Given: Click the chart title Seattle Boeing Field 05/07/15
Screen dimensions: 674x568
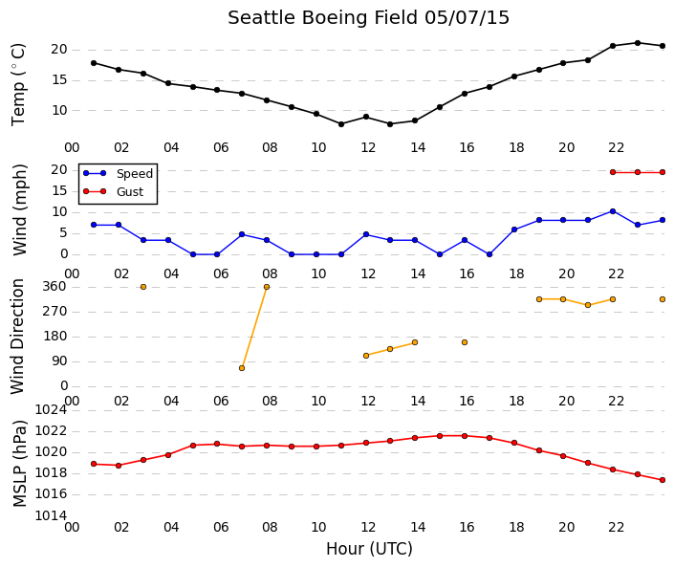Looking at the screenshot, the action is [x=368, y=18].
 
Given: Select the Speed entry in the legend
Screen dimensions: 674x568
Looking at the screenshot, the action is [x=118, y=173].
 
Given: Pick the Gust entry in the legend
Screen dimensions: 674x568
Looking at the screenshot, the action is [x=113, y=191].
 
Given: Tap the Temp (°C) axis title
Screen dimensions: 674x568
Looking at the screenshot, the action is [x=18, y=84].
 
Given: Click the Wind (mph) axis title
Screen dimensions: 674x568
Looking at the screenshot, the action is [x=19, y=209].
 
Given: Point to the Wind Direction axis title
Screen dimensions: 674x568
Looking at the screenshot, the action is [x=17, y=337].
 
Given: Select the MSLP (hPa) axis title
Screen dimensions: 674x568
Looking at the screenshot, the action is [x=20, y=463].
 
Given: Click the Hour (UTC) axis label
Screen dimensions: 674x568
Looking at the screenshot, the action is [x=369, y=549].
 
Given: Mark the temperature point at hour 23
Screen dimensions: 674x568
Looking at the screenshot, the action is [x=638, y=43].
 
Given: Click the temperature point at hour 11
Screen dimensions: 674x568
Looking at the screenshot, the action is [x=341, y=124].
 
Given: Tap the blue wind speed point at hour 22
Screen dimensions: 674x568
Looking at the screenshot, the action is [x=613, y=211].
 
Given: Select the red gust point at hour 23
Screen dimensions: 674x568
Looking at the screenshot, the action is [x=638, y=172].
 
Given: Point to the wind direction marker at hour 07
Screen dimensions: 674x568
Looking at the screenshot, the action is [x=242, y=368].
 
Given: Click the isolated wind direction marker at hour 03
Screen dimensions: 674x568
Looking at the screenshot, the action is [x=143, y=287].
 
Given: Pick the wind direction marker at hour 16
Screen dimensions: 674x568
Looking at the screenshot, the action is [x=465, y=342].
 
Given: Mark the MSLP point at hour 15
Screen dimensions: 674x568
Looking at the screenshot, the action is [x=440, y=436].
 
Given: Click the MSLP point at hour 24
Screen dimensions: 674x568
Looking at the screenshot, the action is [x=663, y=480].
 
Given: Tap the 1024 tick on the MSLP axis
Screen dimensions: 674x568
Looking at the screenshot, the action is [x=51, y=410].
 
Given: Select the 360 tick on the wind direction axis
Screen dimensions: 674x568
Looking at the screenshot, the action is [x=54, y=287].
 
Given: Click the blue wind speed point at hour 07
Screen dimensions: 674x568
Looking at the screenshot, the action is [x=242, y=234].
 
